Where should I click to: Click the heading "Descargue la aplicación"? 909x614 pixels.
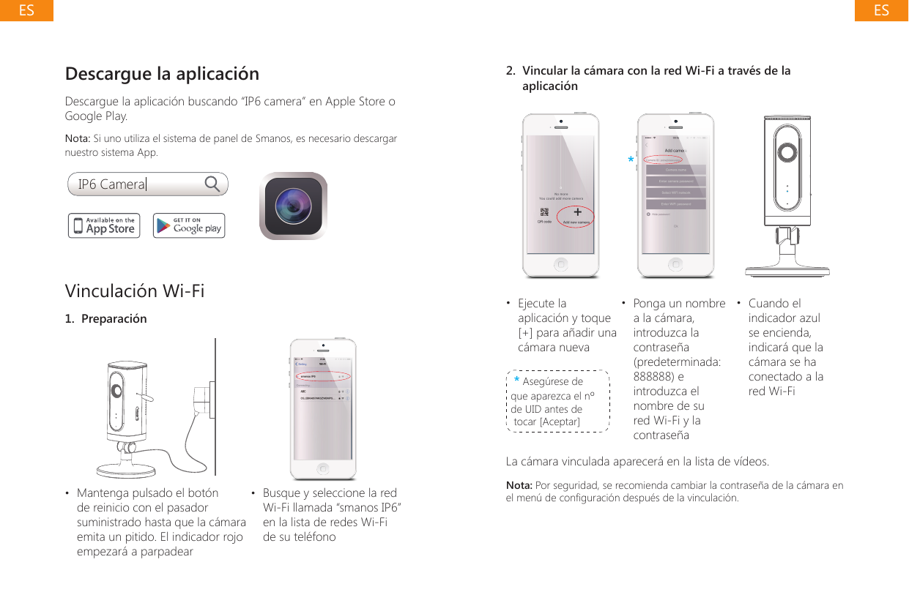coord(162,74)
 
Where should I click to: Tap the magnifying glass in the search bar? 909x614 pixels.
coord(212,184)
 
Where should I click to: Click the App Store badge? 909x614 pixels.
coord(103,225)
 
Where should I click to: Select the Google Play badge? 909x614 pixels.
coord(188,225)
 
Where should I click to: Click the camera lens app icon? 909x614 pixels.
coord(293,206)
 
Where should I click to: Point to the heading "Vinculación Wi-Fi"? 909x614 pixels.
coord(135,291)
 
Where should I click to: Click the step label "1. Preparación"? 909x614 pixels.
coord(105,319)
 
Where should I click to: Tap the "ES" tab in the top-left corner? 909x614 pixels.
coord(26,10)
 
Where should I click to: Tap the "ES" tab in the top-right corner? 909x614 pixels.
coord(881,10)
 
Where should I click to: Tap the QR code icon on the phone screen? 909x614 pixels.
coord(544,213)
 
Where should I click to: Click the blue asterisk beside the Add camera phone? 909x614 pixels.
coord(631,160)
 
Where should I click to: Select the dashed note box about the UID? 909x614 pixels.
coord(557,401)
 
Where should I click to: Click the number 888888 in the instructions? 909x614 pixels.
coord(654,376)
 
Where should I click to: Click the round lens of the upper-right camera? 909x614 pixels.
coord(787,151)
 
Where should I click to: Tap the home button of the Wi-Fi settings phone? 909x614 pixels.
coord(323,468)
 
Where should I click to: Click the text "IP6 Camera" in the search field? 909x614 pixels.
coord(111,184)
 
